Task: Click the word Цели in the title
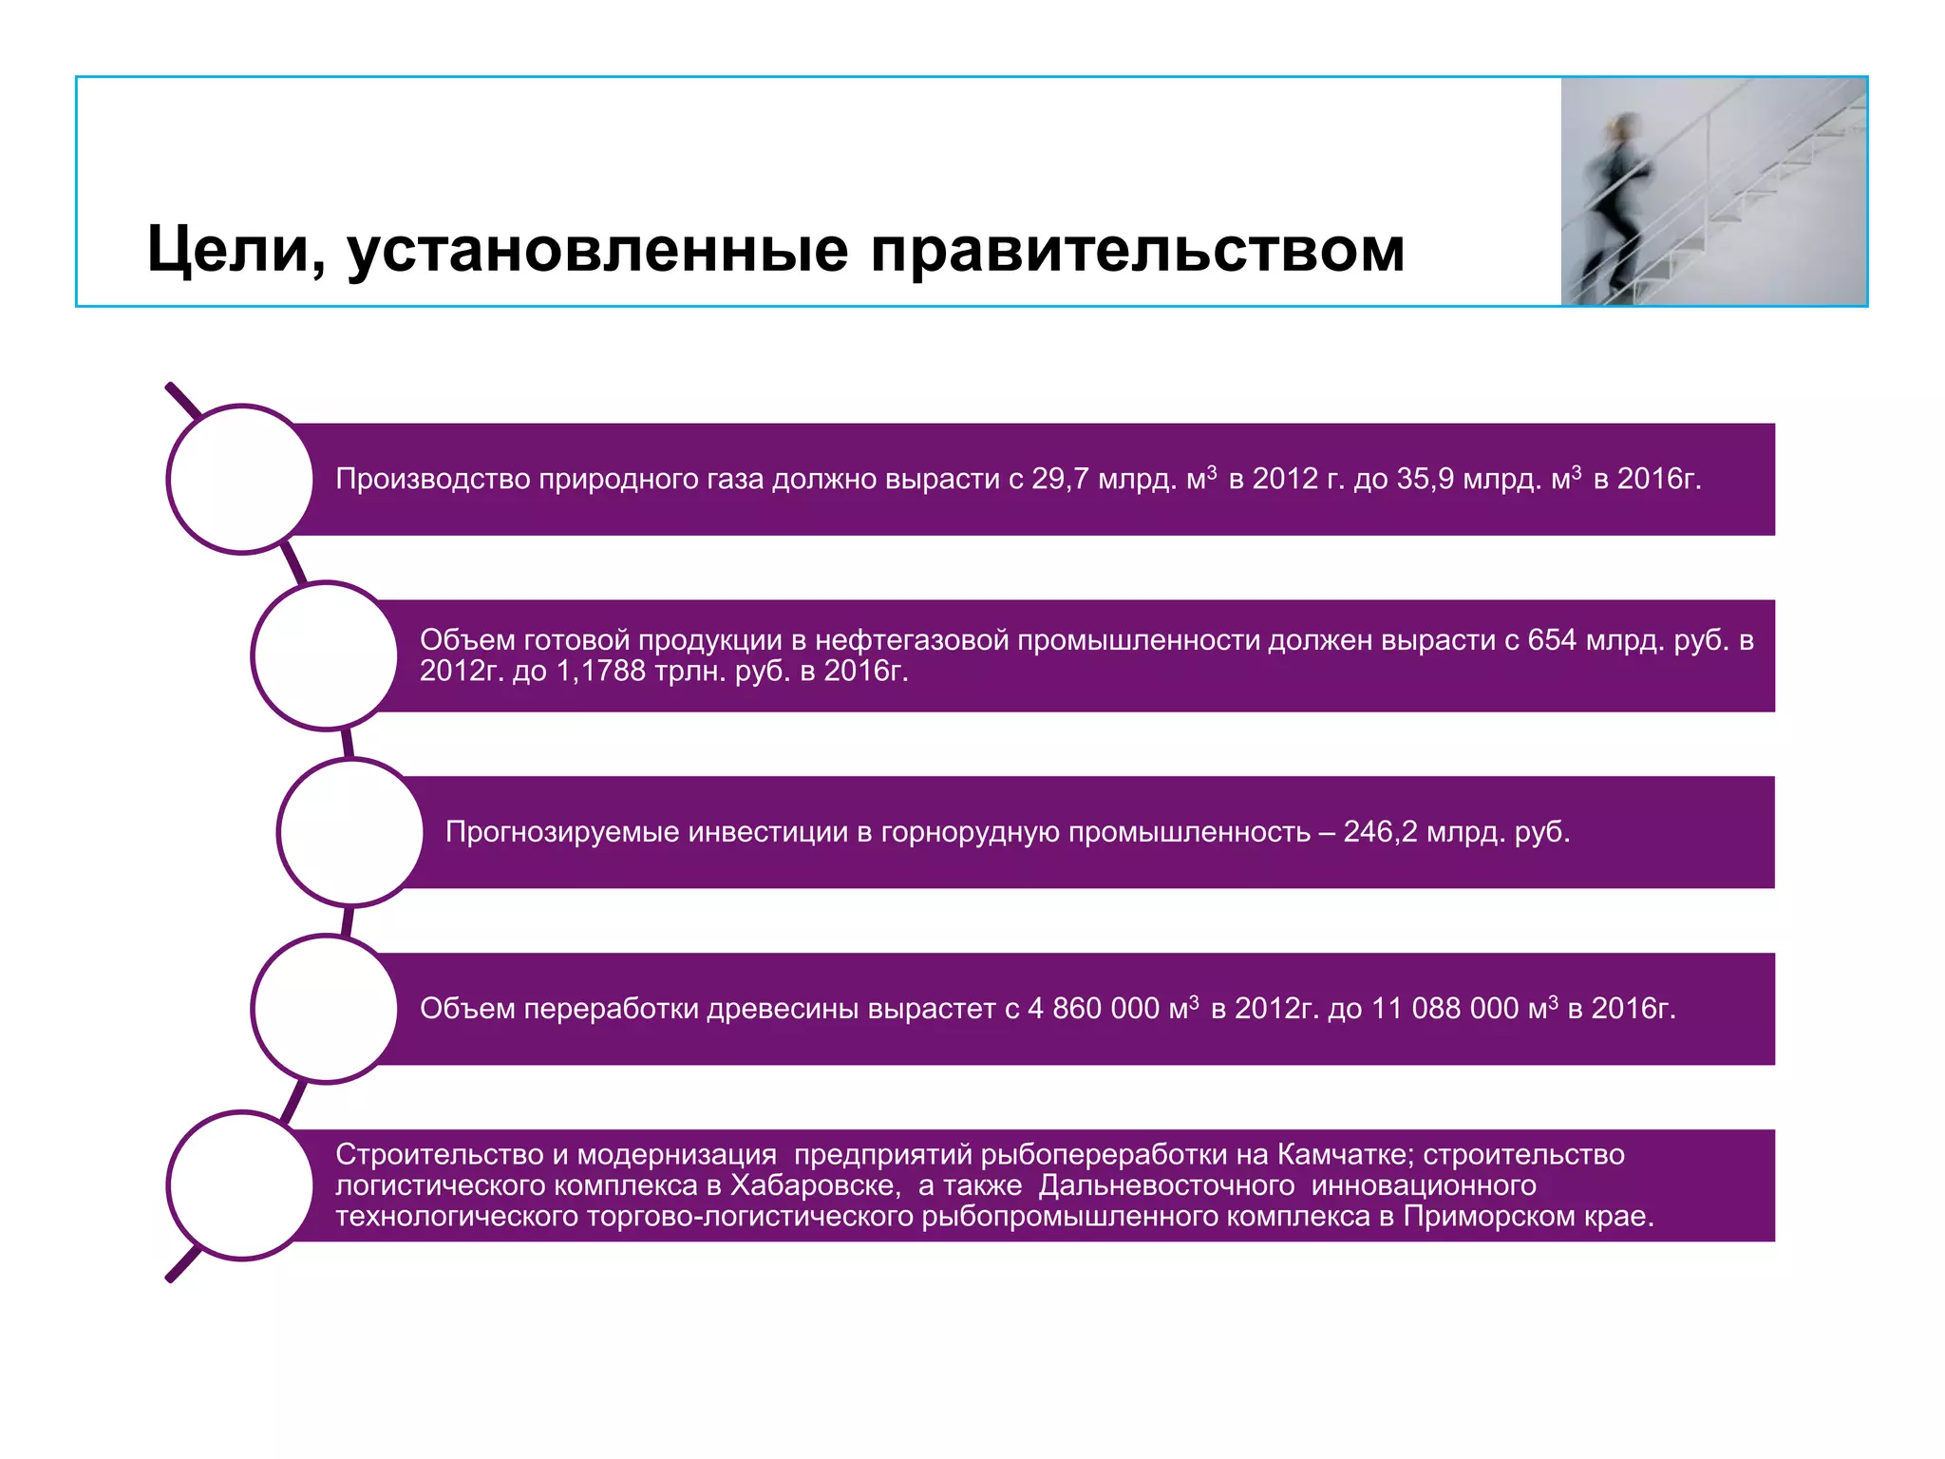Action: (227, 250)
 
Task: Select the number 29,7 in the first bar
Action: (1060, 479)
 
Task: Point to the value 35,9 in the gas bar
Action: (1425, 479)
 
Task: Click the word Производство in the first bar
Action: (433, 479)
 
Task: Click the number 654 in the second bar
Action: (1553, 641)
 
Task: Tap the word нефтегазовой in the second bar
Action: (912, 641)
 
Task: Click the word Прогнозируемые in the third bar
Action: (561, 832)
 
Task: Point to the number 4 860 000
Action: (1093, 1009)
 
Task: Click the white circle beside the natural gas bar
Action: (241, 479)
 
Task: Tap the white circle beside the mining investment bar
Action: (351, 832)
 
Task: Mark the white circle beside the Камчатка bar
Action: (241, 1185)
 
